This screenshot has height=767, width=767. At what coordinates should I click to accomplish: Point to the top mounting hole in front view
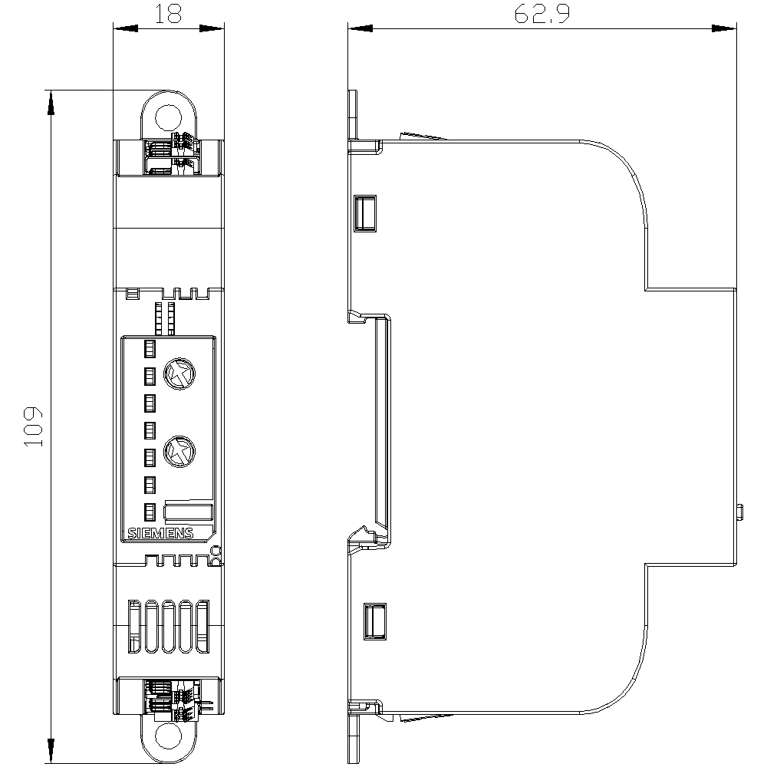[x=168, y=117]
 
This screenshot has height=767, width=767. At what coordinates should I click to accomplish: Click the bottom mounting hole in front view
[x=168, y=737]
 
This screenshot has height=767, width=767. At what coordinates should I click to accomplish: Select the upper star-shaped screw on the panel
[x=181, y=375]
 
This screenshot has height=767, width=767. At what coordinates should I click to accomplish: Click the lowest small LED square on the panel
[x=150, y=511]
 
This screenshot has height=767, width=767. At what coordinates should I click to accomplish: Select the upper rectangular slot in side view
[x=366, y=213]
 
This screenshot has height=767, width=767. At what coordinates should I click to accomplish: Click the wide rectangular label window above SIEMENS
[x=189, y=513]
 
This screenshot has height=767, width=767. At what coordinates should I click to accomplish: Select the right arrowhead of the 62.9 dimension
[x=725, y=29]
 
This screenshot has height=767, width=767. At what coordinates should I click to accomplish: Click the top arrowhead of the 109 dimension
[x=51, y=103]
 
